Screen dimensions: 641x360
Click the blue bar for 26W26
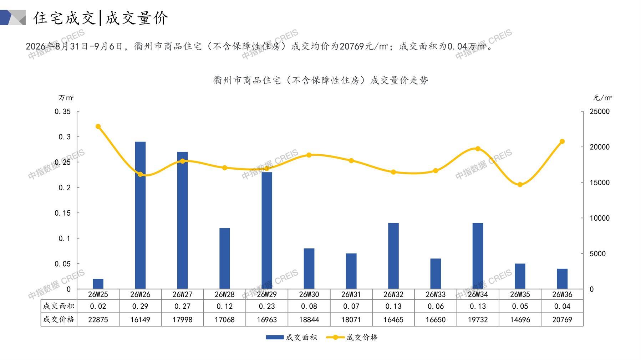(x=140, y=215)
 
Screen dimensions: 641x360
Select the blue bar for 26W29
(x=267, y=231)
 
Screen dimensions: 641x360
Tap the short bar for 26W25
(x=98, y=284)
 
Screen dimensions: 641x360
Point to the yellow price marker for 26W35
(x=520, y=185)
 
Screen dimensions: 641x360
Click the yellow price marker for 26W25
(x=98, y=127)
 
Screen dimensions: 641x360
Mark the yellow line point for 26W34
(x=478, y=149)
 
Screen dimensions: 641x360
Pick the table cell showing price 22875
(x=98, y=320)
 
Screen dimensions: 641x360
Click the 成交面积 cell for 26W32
(x=393, y=306)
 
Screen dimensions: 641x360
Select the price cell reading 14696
(x=520, y=320)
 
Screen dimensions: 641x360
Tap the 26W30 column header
(x=309, y=294)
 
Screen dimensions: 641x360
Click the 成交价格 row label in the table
(x=59, y=319)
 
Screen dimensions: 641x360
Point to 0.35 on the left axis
(x=62, y=112)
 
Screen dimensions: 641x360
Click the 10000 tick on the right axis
(x=600, y=218)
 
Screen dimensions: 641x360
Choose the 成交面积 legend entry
(x=291, y=337)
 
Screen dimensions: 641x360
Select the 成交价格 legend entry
(x=352, y=337)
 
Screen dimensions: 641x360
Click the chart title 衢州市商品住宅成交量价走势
(x=321, y=80)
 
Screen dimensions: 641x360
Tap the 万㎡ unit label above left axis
(x=66, y=98)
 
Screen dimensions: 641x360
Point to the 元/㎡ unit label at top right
(x=602, y=98)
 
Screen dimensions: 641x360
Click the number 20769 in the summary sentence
(x=352, y=46)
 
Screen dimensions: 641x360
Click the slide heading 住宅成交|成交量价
(x=101, y=18)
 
